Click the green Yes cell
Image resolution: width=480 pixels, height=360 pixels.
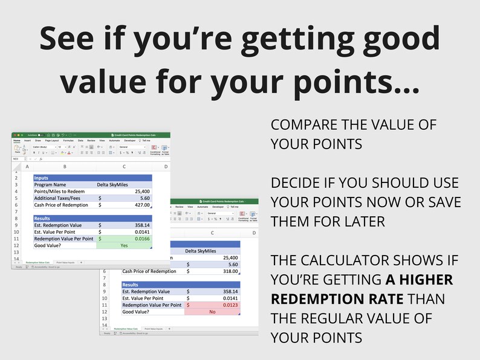pos(124,246)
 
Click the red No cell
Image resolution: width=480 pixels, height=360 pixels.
pos(212,312)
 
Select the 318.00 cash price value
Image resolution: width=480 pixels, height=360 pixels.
pos(230,271)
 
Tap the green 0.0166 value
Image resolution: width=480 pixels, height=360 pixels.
pos(140,239)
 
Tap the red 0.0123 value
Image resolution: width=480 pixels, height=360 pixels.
pos(229,305)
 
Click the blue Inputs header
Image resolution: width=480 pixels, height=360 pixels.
pos(42,178)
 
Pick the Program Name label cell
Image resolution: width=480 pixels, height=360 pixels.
pos(50,185)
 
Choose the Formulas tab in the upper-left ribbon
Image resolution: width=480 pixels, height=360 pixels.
pos(68,140)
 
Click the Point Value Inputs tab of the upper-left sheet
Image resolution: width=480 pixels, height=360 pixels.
pos(65,263)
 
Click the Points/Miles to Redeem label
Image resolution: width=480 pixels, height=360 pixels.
pos(58,191)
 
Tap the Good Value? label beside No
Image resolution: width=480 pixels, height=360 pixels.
pos(137,312)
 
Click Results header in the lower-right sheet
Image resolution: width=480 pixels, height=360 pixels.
pos(131,284)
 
